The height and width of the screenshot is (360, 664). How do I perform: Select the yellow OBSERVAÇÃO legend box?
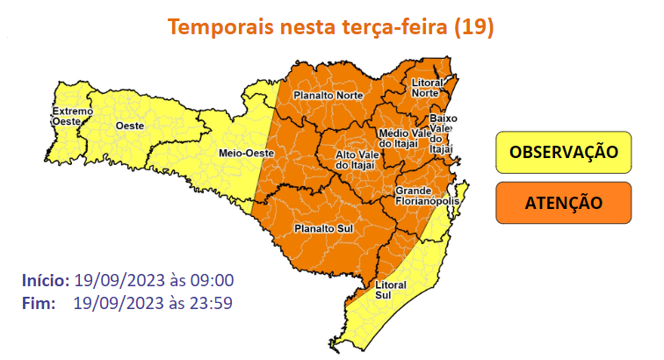pyautogui.click(x=564, y=152)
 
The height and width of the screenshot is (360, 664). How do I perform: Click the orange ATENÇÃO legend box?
pyautogui.click(x=564, y=202)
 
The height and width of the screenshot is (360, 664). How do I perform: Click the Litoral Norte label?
pyautogui.click(x=426, y=87)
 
